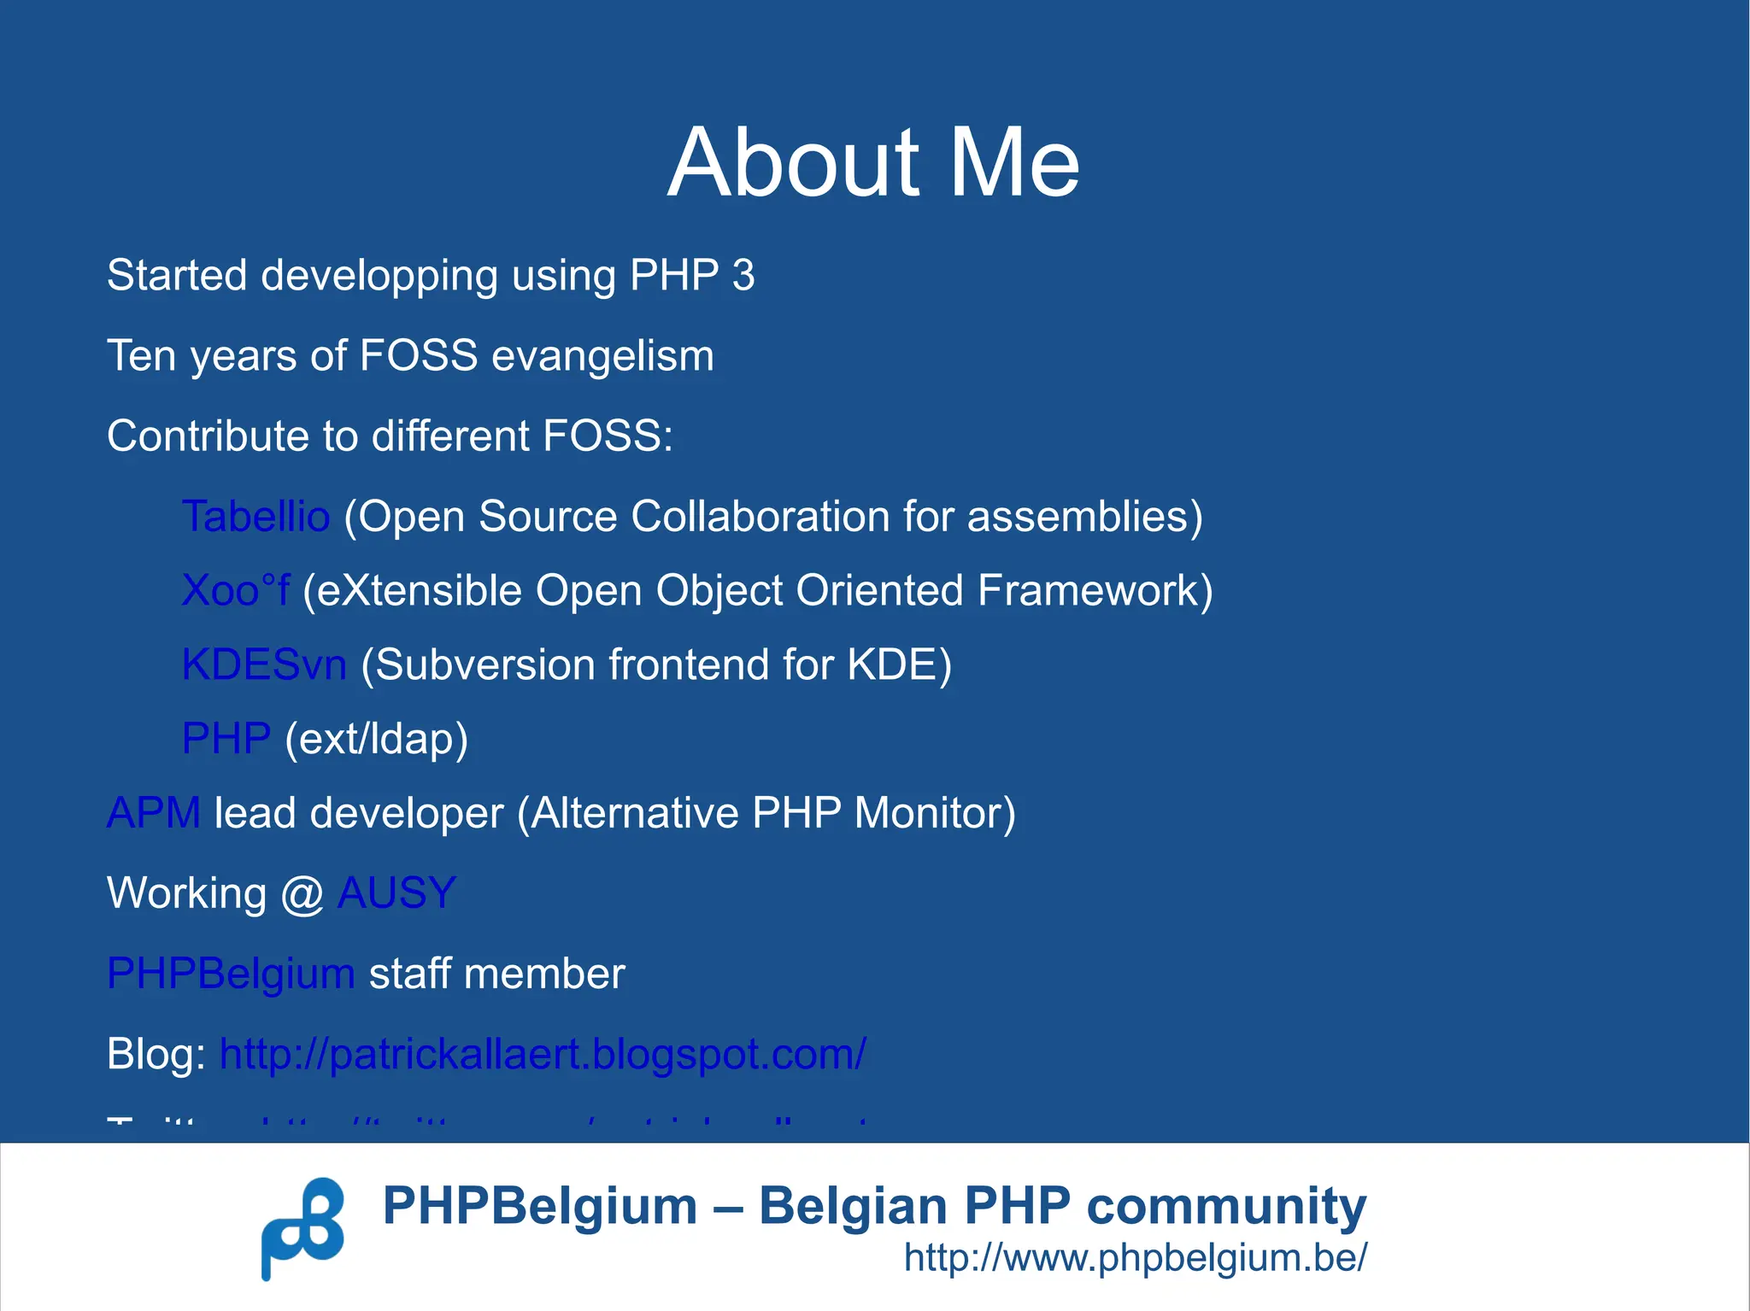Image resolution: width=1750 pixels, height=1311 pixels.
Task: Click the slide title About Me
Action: (x=873, y=162)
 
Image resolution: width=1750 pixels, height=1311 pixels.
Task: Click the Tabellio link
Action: (x=255, y=517)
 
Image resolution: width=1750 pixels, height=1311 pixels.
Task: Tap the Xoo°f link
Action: (x=235, y=591)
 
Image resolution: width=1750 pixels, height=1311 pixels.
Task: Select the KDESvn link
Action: (x=264, y=664)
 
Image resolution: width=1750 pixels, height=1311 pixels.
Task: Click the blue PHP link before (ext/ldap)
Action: (x=226, y=739)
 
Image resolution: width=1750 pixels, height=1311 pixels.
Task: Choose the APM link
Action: (x=154, y=813)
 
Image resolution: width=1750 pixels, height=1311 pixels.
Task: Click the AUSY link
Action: (x=396, y=893)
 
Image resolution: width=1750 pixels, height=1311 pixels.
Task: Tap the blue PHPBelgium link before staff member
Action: (x=231, y=974)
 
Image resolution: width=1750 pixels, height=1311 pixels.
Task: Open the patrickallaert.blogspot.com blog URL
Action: (x=543, y=1054)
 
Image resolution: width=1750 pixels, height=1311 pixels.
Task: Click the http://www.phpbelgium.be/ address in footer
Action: (x=1136, y=1258)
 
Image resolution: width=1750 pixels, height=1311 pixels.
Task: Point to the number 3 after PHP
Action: (x=743, y=276)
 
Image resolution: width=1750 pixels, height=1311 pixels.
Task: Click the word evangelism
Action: (x=602, y=356)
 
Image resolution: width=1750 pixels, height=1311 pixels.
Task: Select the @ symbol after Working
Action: (x=302, y=894)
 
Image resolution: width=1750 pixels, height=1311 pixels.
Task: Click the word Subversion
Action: (x=484, y=665)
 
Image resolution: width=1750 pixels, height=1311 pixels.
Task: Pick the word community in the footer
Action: (x=1226, y=1208)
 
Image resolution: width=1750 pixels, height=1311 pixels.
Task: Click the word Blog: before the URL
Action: (x=156, y=1054)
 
